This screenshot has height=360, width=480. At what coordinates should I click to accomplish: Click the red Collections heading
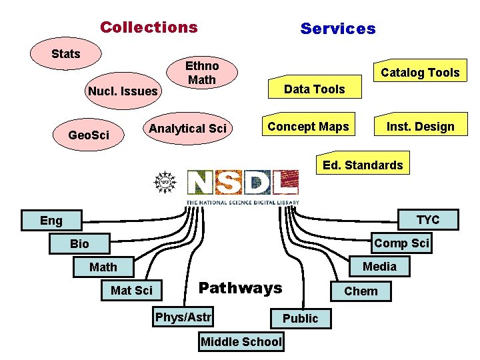[x=149, y=27]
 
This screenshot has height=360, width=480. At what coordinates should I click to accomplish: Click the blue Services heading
[x=338, y=29]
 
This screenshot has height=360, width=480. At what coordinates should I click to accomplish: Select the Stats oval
[x=66, y=53]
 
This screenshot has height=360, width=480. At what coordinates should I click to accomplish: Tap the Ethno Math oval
[x=201, y=73]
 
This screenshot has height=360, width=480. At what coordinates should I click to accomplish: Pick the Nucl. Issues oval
[x=123, y=91]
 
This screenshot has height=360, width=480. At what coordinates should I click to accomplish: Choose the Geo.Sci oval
[x=89, y=135]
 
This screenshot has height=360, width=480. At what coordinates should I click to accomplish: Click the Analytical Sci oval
[x=188, y=128]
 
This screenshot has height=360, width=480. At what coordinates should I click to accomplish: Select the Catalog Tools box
[x=419, y=73]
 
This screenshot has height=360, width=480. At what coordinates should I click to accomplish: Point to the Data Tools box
[x=314, y=89]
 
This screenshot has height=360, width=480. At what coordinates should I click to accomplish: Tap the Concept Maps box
[x=308, y=127]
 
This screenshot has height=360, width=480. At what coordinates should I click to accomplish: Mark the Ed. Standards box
[x=363, y=165]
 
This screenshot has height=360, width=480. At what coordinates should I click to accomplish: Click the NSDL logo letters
[x=242, y=183]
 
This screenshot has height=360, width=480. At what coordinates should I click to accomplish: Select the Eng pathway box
[x=51, y=221]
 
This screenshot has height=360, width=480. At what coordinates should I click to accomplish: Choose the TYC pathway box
[x=428, y=220]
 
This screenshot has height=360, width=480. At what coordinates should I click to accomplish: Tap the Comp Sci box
[x=401, y=243]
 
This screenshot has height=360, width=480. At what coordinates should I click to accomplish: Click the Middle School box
[x=241, y=342]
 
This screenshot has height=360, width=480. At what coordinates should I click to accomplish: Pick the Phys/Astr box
[x=183, y=317]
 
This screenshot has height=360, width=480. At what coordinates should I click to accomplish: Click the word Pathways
[x=241, y=288]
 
